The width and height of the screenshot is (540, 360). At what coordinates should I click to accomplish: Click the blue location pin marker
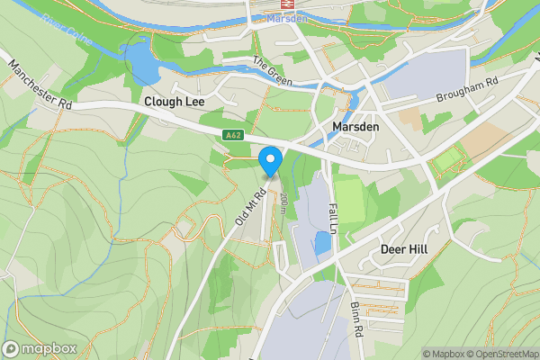270,162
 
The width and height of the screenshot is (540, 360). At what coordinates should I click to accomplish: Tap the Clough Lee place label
175,102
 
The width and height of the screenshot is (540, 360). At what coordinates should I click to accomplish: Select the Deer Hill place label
403,248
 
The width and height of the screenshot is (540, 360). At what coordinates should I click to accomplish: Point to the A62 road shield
234,135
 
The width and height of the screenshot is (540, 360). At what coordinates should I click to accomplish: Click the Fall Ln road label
331,219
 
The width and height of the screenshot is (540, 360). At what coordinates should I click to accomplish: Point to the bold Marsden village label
355,127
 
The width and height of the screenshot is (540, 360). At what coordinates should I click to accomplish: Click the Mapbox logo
40,348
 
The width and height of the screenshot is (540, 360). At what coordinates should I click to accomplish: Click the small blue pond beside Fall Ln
321,242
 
